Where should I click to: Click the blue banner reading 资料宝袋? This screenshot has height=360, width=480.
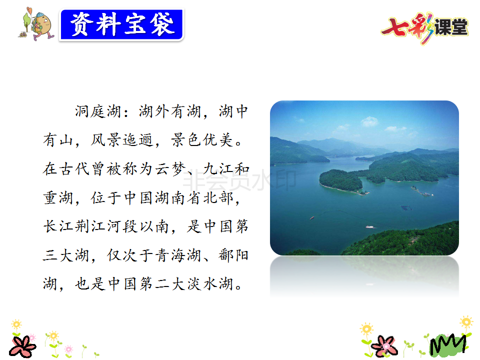(x=121, y=25)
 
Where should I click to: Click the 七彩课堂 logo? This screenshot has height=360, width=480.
(x=425, y=27)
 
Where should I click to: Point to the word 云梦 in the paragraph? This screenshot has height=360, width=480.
(x=171, y=168)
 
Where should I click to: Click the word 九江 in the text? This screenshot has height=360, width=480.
(x=218, y=168)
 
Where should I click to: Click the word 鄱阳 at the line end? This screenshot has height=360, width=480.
(x=233, y=255)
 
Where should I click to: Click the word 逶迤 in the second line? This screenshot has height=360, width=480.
(x=138, y=140)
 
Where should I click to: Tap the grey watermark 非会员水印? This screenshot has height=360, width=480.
(x=239, y=180)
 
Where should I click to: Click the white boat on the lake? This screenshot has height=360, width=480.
(x=370, y=227)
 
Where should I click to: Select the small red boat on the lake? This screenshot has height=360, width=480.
(x=312, y=217)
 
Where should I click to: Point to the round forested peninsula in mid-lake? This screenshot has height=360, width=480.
(x=341, y=181)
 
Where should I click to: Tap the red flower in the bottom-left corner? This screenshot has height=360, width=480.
(x=22, y=346)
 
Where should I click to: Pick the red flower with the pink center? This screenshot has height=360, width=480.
(x=384, y=346)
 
